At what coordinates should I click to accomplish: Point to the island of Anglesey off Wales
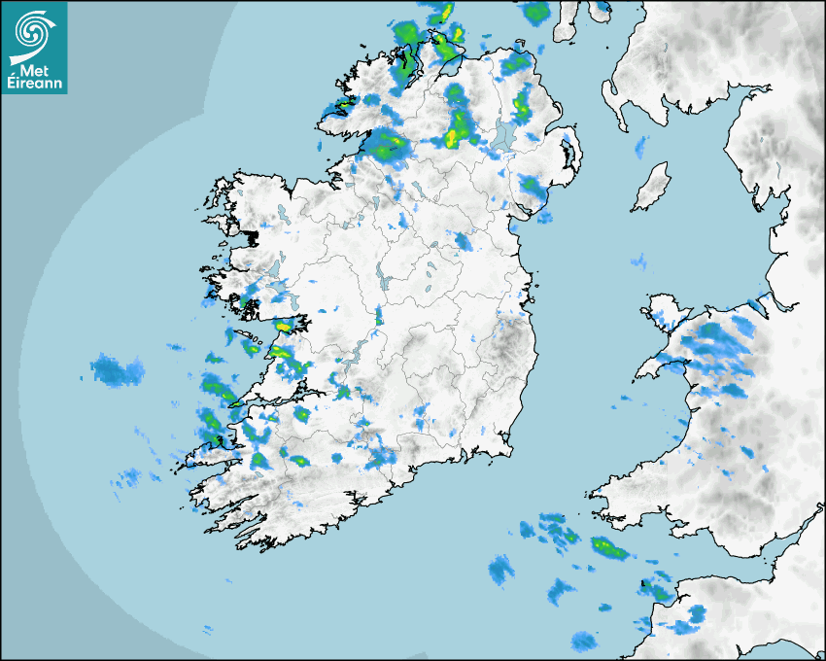click(666, 311)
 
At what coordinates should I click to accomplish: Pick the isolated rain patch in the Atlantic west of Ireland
click(117, 370)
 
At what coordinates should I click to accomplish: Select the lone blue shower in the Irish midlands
click(463, 241)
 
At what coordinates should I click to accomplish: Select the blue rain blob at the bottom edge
click(583, 642)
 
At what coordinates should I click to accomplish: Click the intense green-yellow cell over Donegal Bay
click(387, 146)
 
